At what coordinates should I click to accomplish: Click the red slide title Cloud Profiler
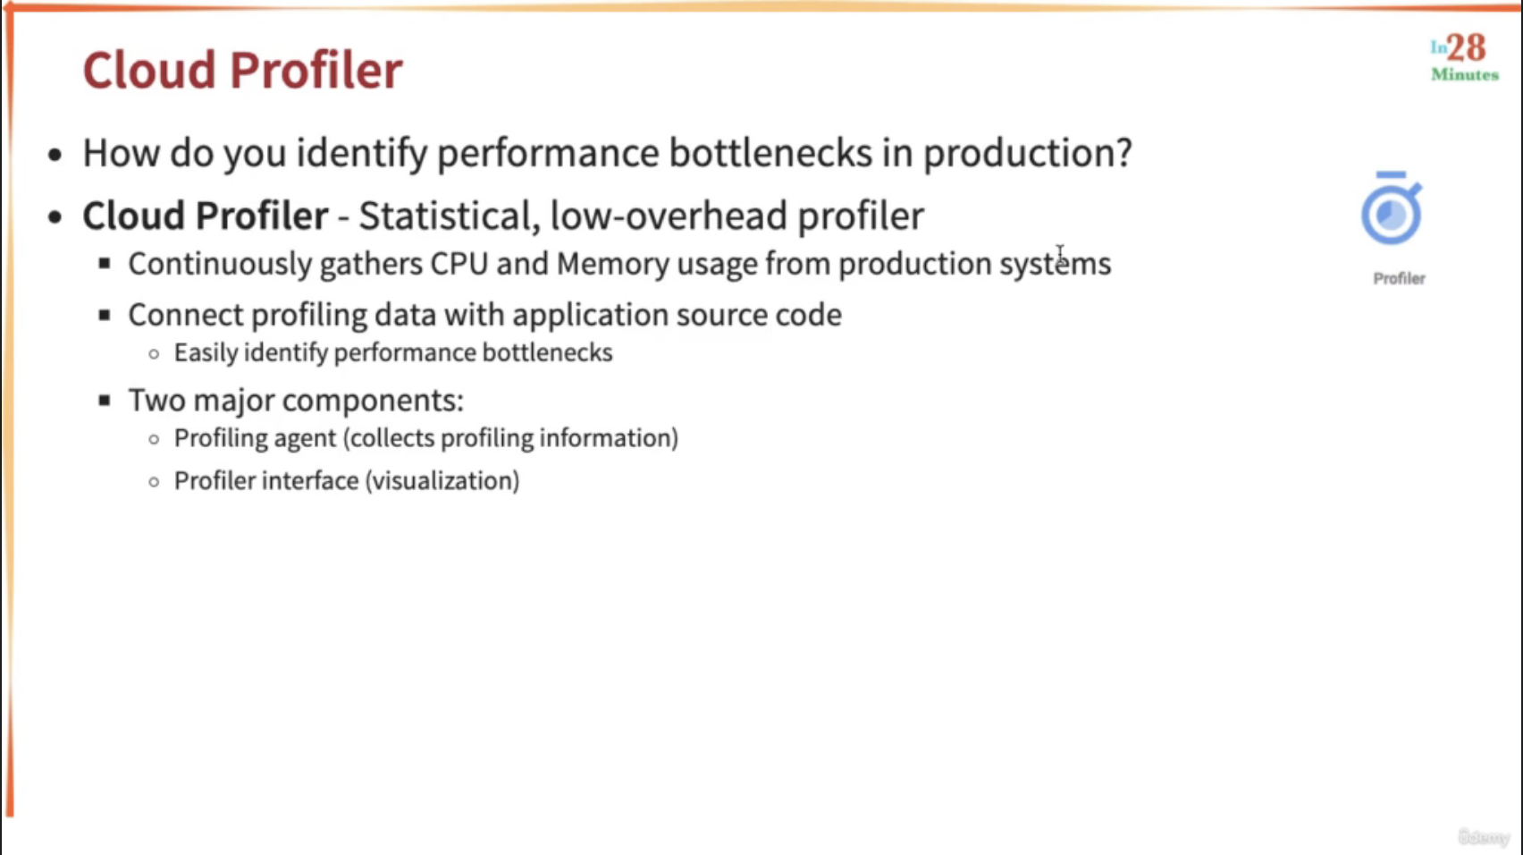pos(243,70)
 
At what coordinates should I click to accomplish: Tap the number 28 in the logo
pos(1466,47)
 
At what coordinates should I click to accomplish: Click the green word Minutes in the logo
pos(1465,74)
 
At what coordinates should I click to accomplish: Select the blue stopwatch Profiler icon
pos(1391,208)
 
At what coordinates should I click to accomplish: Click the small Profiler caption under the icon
pos(1400,278)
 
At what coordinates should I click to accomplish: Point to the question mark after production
pos(1123,152)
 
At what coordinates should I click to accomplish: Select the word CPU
pos(459,263)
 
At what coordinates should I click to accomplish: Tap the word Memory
pos(612,264)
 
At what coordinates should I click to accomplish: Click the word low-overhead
pos(669,216)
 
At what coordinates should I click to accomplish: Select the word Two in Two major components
pos(156,400)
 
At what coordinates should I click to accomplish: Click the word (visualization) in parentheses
pos(442,481)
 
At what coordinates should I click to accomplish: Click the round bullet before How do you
pos(55,155)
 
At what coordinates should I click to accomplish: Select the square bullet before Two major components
pos(104,400)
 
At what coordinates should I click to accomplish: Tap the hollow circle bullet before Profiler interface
pos(155,481)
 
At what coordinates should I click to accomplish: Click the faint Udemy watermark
pos(1485,836)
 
